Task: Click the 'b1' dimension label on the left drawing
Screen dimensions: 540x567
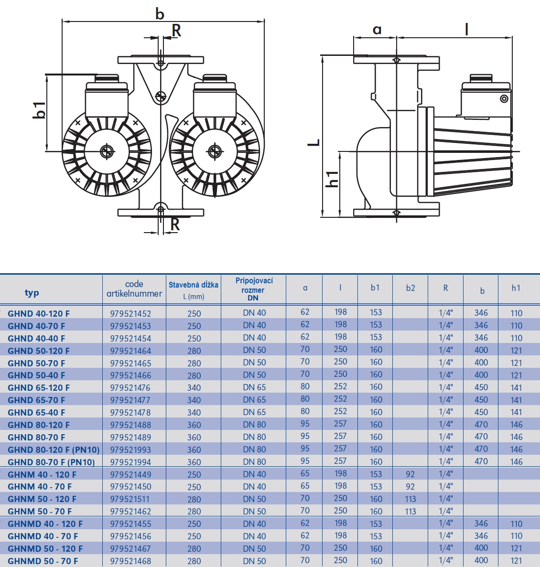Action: (39, 110)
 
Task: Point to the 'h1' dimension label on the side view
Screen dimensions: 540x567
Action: (332, 179)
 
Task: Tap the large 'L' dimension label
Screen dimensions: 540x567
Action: (313, 142)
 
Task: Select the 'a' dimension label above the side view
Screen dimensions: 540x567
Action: (377, 30)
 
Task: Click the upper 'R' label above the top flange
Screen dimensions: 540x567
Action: (176, 31)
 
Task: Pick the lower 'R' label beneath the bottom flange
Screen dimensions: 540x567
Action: (175, 224)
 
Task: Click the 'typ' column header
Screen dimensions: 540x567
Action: (32, 293)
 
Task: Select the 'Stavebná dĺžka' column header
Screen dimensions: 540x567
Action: (194, 285)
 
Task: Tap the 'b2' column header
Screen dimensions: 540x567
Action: (410, 288)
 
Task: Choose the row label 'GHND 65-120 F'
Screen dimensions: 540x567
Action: (39, 388)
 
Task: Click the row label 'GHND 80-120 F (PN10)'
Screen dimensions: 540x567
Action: (54, 450)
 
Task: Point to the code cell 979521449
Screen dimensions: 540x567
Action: (130, 474)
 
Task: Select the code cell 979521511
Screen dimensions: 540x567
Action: (130, 499)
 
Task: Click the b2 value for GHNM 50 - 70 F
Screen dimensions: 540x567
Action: (410, 511)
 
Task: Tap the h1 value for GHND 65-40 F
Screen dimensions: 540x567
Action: (517, 412)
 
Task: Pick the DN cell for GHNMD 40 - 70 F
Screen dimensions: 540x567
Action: (254, 536)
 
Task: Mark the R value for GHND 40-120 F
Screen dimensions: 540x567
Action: (445, 313)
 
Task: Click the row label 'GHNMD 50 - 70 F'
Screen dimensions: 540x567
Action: (43, 561)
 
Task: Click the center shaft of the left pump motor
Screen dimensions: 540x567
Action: (107, 151)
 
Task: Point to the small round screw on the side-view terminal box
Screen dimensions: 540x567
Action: (504, 99)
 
